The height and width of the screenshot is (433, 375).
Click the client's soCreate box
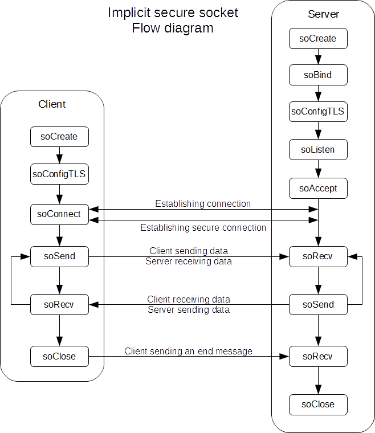point(59,137)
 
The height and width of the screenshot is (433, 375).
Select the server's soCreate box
point(317,39)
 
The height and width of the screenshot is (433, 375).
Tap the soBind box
point(317,75)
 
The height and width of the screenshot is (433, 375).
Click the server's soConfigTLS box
point(317,112)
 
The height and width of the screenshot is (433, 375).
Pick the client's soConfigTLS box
point(59,174)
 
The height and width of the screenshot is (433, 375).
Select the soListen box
point(317,150)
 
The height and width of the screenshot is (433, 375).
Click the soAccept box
point(317,188)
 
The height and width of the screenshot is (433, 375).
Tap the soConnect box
point(59,214)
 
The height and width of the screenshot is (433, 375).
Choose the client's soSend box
point(59,256)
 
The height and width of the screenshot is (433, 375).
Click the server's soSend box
point(317,304)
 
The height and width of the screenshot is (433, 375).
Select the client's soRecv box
point(59,304)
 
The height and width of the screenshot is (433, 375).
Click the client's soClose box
point(59,356)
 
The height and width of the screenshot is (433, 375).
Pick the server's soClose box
point(317,404)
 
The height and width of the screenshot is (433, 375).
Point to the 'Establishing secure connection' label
point(203,228)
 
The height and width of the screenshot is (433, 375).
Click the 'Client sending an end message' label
point(188,352)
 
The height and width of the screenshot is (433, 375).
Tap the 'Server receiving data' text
point(189,262)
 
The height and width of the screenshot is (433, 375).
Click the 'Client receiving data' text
point(189,299)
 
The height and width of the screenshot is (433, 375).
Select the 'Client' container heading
point(52,104)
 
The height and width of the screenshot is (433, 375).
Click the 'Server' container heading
point(323,14)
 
